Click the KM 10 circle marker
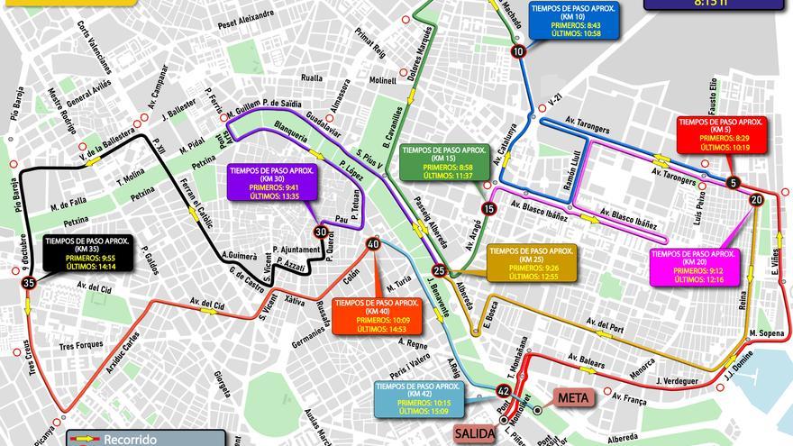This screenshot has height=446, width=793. tap(517, 52)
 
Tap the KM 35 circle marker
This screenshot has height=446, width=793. tap(30, 283)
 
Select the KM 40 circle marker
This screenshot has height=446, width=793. tap(372, 244)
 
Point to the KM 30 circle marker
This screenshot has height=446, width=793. tap(320, 232)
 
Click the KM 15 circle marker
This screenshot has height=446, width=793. tap(488, 208)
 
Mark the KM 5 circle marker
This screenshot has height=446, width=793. tap(734, 183)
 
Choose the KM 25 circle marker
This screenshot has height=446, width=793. tap(439, 269)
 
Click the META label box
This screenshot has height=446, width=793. tap(574, 397)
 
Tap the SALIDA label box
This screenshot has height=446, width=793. tap(476, 432)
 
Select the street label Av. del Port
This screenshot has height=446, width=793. tap(604, 323)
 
